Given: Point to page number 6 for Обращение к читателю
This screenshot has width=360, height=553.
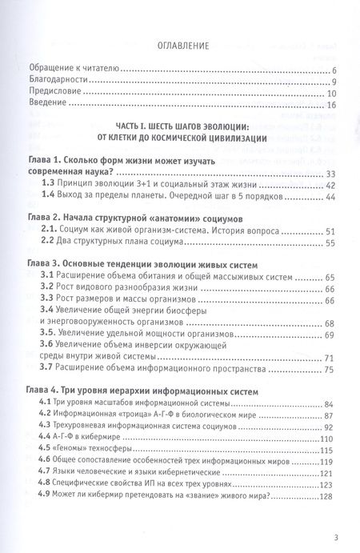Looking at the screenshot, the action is tap(332, 70).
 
